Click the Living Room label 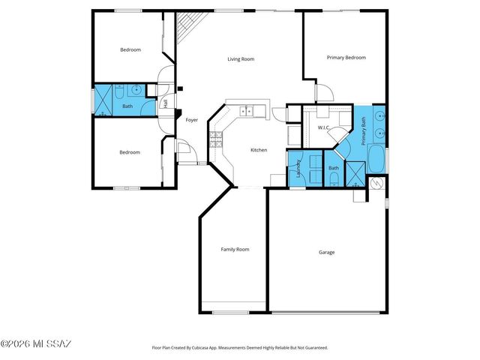click(241, 58)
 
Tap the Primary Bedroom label click(346, 57)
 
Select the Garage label click(326, 252)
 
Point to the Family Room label click(235, 249)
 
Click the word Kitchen click(259, 150)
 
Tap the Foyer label click(191, 119)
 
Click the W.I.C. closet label click(325, 127)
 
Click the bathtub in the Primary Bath click(376, 159)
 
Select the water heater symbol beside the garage click(377, 183)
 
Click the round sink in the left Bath click(136, 91)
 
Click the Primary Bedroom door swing click(322, 92)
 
